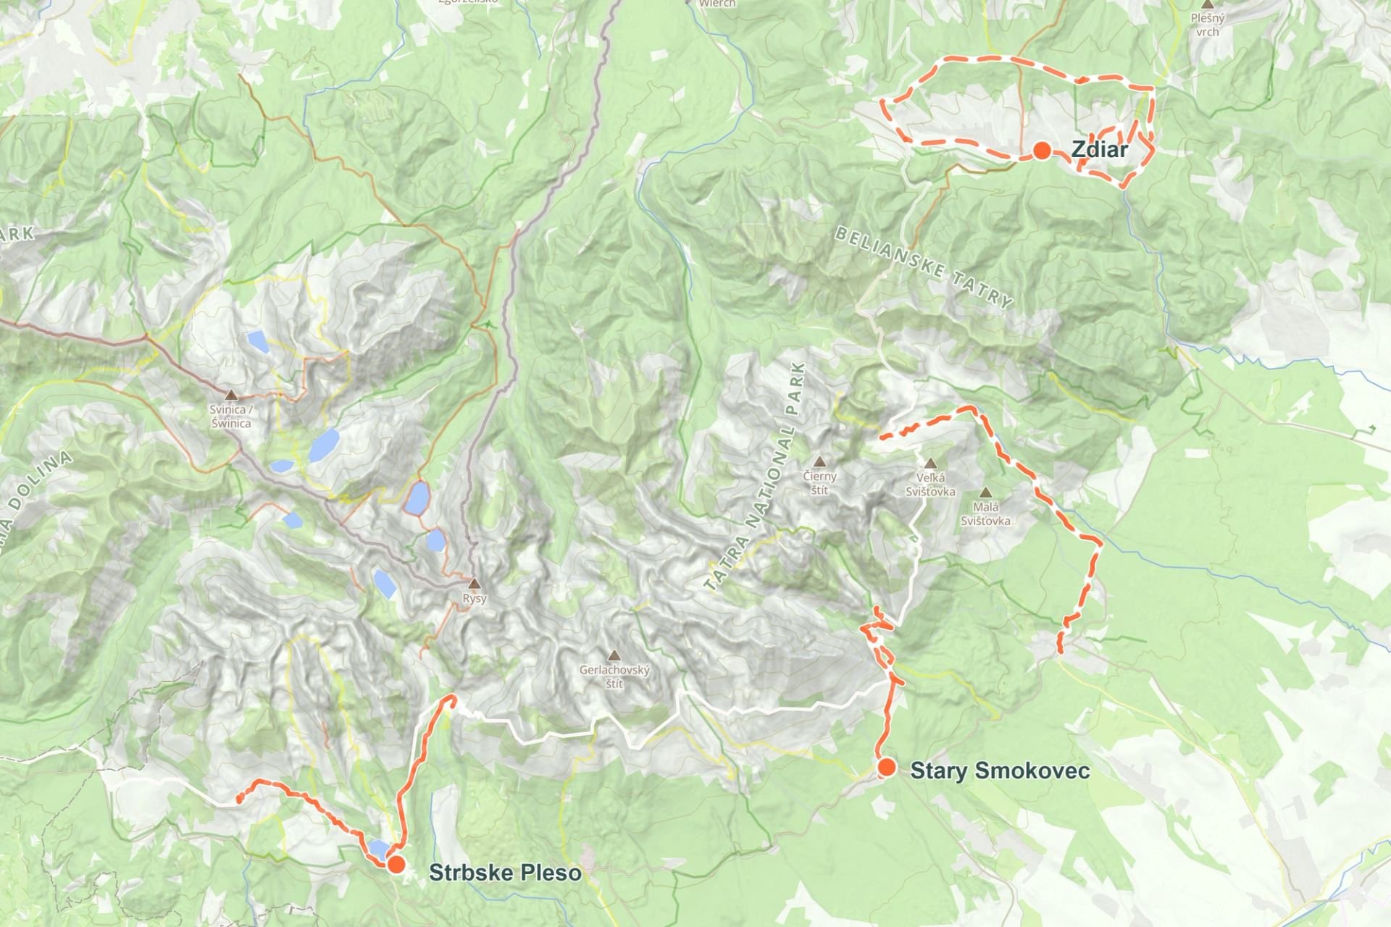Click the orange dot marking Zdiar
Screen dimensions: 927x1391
click(1042, 151)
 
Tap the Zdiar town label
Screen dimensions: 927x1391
click(1099, 150)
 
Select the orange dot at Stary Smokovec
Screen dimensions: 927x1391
click(886, 768)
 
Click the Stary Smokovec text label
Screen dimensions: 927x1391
click(1000, 771)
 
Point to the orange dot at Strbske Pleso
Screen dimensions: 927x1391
click(396, 865)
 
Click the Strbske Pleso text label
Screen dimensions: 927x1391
click(505, 873)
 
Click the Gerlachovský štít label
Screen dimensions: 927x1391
click(614, 676)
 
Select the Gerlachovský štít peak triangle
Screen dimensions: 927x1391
click(614, 656)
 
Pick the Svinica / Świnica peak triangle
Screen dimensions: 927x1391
click(231, 395)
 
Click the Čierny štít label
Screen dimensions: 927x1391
click(819, 483)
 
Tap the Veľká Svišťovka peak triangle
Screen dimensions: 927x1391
click(931, 463)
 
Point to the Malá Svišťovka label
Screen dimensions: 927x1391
click(985, 513)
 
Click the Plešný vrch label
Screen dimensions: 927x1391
click(1207, 25)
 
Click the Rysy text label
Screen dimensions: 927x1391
click(475, 599)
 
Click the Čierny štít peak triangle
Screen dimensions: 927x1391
click(819, 462)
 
